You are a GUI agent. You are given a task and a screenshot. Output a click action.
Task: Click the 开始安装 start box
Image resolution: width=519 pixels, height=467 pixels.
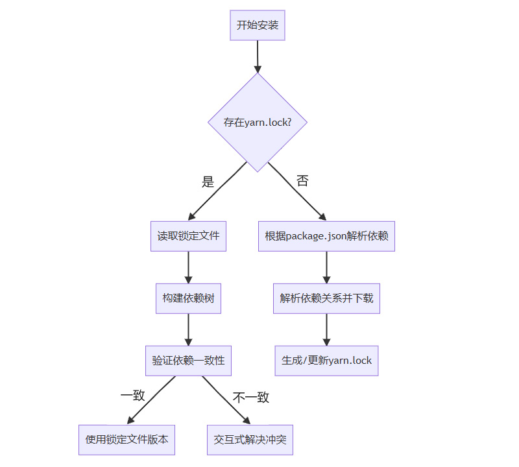258,25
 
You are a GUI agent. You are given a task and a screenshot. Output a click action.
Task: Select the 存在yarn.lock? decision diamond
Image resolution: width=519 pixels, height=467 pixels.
258,122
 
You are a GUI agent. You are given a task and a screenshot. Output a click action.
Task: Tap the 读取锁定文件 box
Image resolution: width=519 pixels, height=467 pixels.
188,236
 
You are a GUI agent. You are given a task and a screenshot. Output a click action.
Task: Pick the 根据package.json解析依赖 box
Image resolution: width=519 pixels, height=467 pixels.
326,236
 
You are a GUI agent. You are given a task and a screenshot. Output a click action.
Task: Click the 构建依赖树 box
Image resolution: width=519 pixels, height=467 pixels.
188,298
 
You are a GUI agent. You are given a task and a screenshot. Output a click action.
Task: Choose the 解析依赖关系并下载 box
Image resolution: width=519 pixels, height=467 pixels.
326,298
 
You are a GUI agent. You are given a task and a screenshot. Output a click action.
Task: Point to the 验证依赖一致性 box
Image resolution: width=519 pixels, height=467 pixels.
188,361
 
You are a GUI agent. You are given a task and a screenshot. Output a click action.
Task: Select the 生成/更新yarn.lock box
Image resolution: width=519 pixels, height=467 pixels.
326,361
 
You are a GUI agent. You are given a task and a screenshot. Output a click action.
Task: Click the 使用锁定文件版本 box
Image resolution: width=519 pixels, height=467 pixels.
127,440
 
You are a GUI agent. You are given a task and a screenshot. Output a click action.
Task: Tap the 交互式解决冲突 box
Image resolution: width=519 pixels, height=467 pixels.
250,440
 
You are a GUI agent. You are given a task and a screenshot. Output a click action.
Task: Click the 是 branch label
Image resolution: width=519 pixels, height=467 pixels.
208,182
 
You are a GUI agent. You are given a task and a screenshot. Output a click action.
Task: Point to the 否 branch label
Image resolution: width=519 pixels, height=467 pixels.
302,181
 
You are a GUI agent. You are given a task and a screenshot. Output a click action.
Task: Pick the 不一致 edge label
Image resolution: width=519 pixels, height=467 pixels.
250,397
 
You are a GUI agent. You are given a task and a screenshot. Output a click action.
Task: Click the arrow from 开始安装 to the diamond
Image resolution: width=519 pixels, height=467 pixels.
258,56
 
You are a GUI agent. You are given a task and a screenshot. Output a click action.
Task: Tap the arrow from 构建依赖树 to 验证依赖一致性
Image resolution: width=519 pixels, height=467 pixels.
188,329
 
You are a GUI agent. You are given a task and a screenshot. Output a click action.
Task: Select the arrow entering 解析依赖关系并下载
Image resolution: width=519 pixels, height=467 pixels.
326,267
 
